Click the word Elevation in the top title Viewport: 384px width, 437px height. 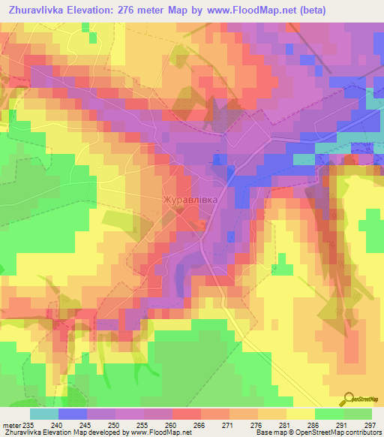tap(96, 11)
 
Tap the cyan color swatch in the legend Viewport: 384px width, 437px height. tap(44, 413)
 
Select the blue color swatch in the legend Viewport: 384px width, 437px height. tap(73, 413)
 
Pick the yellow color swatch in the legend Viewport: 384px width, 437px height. tap(301, 413)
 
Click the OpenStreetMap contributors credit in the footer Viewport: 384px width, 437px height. tap(331, 432)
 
